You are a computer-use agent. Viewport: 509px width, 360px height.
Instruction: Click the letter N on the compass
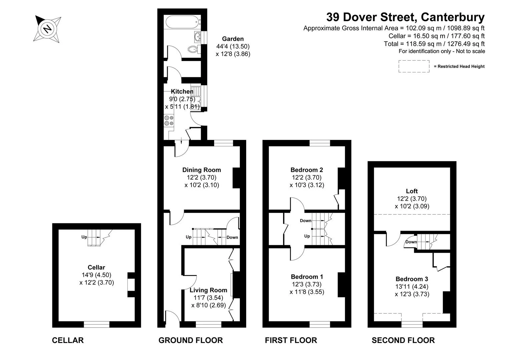click(47, 29)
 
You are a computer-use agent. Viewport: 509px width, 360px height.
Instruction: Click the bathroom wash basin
click(197, 37)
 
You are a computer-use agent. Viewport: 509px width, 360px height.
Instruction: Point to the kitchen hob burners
click(169, 120)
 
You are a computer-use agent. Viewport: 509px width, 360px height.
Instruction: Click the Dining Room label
click(201, 170)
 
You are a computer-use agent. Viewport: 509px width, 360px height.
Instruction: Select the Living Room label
click(208, 290)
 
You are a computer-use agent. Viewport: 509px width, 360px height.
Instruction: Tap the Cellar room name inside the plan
click(96, 267)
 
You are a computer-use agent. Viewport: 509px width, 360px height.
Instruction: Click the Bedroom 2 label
click(307, 170)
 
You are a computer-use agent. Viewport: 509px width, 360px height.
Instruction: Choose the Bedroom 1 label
click(307, 277)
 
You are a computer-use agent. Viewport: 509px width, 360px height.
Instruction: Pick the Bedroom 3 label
click(412, 279)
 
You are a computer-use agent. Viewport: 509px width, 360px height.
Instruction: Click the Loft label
click(412, 191)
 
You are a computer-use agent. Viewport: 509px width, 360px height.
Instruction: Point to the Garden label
click(233, 39)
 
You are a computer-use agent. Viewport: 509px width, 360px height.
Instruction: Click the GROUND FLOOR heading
click(191, 340)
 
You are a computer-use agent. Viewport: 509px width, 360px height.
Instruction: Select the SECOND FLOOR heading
click(403, 340)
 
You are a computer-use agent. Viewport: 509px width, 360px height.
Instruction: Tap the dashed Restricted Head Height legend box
click(414, 66)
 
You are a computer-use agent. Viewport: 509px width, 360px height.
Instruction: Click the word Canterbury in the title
click(453, 17)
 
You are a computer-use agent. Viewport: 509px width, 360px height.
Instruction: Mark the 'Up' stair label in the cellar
click(84, 237)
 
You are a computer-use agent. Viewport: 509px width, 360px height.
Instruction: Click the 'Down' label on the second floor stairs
click(411, 242)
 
